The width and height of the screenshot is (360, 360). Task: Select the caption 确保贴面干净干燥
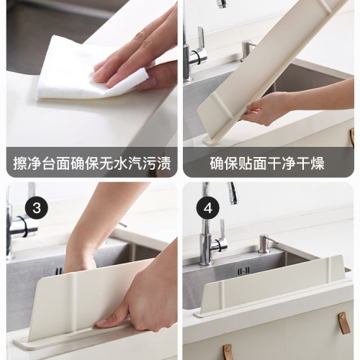pos(267,163)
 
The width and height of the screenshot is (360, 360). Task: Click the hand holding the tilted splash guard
pos(266,108)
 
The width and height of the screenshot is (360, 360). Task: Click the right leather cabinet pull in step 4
pos(343,322)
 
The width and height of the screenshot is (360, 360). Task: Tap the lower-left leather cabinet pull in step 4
pos(228,352)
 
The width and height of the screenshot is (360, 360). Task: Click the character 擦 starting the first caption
pos(20,163)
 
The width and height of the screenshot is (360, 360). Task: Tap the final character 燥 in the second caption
pos(317,163)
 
